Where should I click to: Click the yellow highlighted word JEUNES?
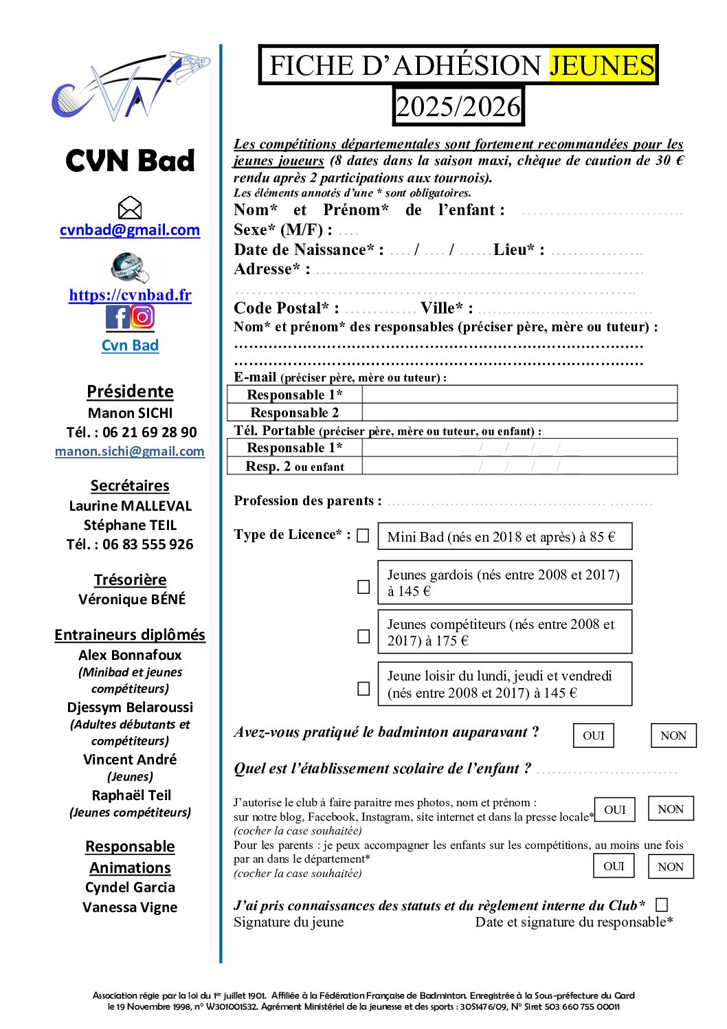[602, 65]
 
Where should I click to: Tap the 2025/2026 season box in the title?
[458, 107]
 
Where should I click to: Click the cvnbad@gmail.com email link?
[130, 230]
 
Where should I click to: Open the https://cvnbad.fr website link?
[130, 296]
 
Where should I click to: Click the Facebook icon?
[117, 317]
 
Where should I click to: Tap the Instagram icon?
[142, 317]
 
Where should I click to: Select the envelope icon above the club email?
[130, 208]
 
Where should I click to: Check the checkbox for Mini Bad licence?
[363, 535]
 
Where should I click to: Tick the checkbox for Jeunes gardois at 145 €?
[363, 586]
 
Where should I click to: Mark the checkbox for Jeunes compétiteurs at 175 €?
[363, 637]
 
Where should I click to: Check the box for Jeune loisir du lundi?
[363, 688]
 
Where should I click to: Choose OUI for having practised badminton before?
[594, 735]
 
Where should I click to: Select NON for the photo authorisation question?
[671, 809]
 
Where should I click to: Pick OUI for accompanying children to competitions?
[614, 866]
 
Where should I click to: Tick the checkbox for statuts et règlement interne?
[662, 905]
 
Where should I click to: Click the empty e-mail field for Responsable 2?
[519, 412]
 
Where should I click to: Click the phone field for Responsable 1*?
[519, 448]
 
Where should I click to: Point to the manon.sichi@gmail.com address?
[130, 452]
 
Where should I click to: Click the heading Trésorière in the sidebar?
[130, 580]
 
